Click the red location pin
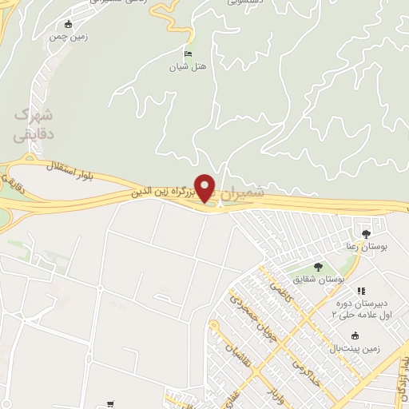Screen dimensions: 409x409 tap(205, 188)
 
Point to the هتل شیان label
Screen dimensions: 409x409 tap(189, 67)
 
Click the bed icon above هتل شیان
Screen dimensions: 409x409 tap(189, 54)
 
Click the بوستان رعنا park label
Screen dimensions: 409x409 tap(366, 248)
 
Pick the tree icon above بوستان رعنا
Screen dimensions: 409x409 tap(366, 235)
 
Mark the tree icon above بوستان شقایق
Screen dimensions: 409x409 tap(318, 266)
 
